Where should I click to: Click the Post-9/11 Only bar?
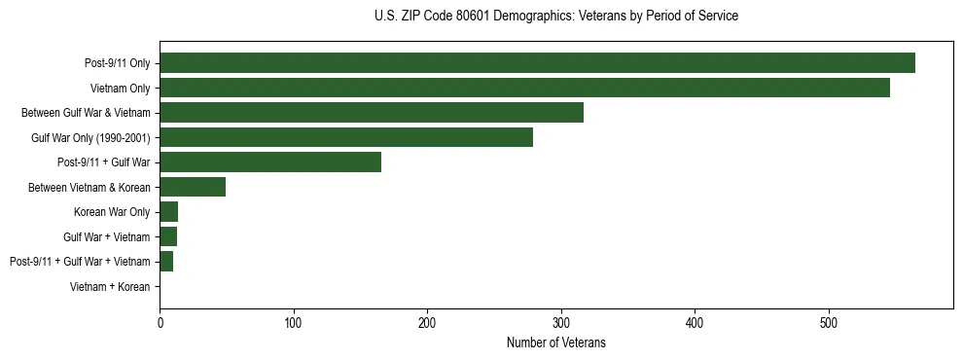[x=537, y=63]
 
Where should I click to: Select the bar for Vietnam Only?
[x=524, y=88]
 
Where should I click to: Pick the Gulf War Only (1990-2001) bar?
[x=346, y=137]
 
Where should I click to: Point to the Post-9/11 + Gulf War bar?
[x=270, y=162]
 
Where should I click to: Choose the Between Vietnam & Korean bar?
[x=193, y=187]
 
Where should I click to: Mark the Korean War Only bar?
[x=169, y=212]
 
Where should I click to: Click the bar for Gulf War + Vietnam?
[x=168, y=236]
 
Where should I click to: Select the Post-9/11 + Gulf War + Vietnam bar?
[x=166, y=262]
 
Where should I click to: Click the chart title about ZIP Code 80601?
[x=555, y=17]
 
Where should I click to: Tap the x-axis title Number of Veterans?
[x=555, y=342]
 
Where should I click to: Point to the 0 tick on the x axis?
[x=160, y=323]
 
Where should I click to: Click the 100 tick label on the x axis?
[x=294, y=323]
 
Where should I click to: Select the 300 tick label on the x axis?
[x=561, y=323]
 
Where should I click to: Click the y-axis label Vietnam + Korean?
[x=110, y=287]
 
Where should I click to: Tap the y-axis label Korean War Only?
[x=112, y=212]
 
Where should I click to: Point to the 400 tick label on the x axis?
[x=695, y=323]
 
